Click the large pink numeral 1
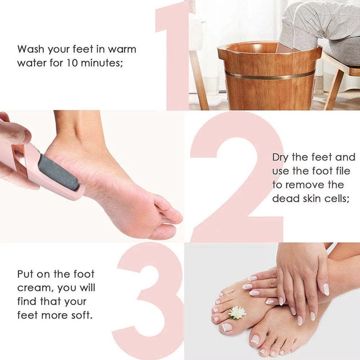click(173, 54)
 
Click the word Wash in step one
click(31, 49)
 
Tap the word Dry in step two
click(282, 157)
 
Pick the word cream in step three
click(33, 288)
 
